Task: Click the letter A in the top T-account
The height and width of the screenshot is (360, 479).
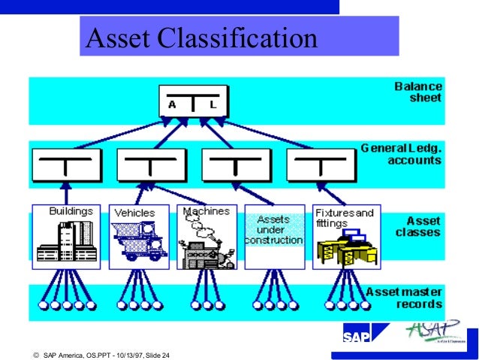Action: (173, 104)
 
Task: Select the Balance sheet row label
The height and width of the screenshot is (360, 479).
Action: (418, 92)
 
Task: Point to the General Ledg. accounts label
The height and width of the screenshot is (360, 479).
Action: (402, 154)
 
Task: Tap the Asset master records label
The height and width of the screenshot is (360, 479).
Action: (403, 297)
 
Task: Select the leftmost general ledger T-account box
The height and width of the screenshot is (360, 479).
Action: (66, 165)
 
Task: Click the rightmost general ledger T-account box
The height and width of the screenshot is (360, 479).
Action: (321, 165)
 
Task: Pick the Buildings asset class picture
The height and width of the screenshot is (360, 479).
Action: (66, 241)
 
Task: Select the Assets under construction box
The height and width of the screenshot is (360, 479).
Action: (274, 236)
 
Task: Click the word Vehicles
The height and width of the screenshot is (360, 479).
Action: (134, 213)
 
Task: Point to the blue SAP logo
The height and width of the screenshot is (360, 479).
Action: (357, 335)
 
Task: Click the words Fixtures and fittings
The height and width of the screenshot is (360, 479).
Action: (345, 217)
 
